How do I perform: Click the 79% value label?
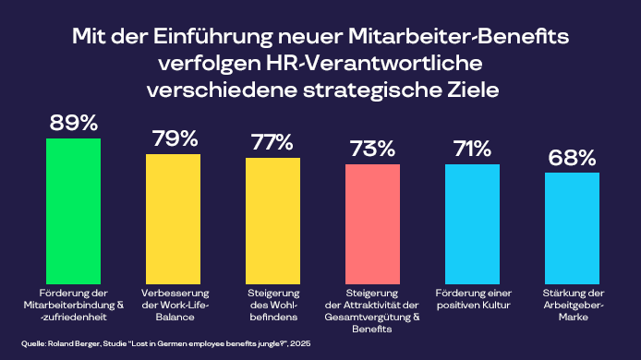(173, 139)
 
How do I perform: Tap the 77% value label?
(272, 143)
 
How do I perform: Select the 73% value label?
(372, 150)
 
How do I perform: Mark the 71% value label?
(472, 150)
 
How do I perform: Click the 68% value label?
(572, 158)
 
